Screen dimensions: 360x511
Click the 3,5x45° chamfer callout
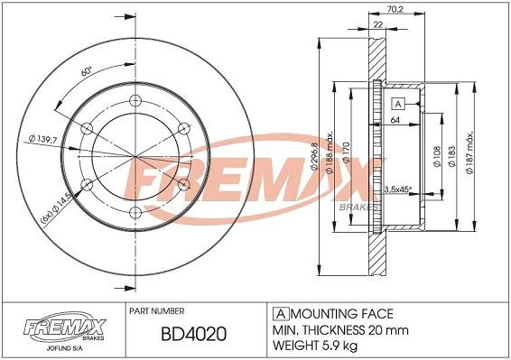tap(398, 189)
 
